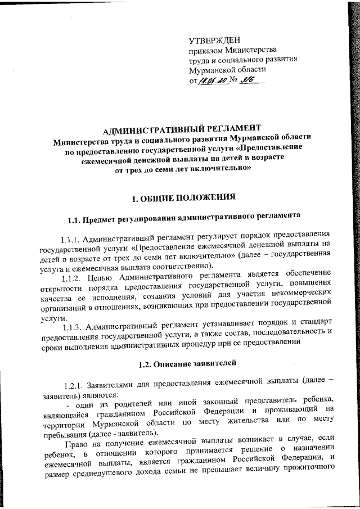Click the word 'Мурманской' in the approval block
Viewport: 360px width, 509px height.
point(213,70)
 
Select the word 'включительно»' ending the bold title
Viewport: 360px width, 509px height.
point(218,169)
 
